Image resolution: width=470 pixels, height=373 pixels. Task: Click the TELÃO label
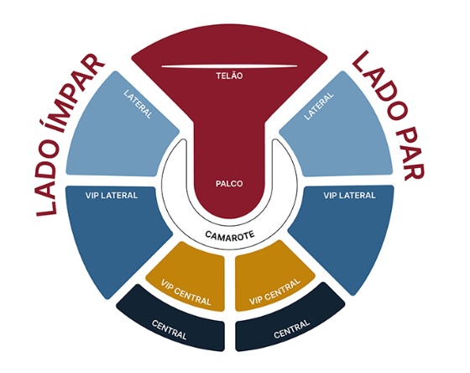pos(229,76)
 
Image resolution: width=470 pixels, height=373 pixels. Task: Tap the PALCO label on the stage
pos(229,184)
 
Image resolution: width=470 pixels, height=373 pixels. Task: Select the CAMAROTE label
pos(230,235)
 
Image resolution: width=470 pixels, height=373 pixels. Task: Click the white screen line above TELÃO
pos(230,66)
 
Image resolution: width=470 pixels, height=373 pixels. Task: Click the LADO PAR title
pos(389,116)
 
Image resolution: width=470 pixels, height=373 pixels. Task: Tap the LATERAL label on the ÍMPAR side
pos(138,104)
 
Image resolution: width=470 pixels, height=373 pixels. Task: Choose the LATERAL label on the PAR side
pos(319,106)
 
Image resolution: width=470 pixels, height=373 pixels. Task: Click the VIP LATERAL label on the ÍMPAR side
pos(112,196)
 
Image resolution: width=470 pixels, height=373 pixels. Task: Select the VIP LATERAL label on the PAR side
pos(349,196)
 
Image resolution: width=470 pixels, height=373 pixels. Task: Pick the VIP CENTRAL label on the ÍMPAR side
pos(185,292)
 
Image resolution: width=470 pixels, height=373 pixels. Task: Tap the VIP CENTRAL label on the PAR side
pos(274,292)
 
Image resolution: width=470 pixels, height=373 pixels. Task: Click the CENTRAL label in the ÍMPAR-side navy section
pos(170,330)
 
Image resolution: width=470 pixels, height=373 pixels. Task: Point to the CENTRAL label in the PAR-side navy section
pos(291,329)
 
